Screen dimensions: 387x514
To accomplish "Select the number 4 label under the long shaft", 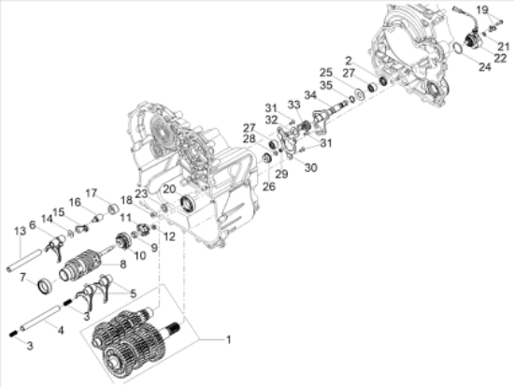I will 62,330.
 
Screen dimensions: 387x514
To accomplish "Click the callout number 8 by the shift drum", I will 122,265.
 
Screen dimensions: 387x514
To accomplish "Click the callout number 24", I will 484,66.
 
